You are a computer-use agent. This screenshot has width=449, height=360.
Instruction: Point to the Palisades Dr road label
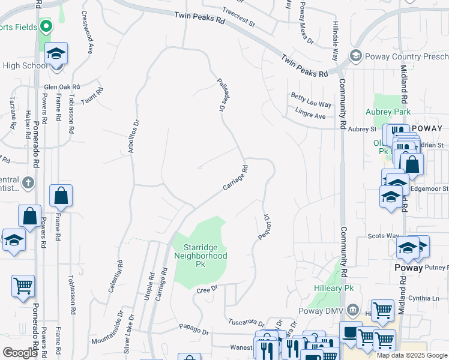pos(223,94)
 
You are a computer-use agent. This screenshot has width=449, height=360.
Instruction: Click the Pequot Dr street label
pos(262,228)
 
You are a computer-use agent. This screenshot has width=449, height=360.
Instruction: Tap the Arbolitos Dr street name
pos(134,136)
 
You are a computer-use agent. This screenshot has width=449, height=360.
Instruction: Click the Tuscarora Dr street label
pos(248,320)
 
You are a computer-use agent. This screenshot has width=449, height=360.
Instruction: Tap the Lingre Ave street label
pos(310,112)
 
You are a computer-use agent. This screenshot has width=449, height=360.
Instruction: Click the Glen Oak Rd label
pos(62,86)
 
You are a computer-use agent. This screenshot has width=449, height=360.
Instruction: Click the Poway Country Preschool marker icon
pos(355,56)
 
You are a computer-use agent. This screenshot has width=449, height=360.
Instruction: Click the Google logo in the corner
pos(20,353)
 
